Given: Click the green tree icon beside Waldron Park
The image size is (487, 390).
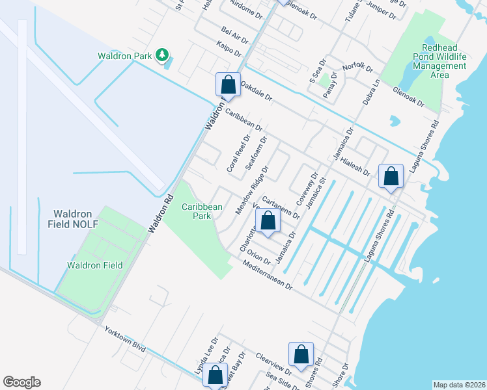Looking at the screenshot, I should [x=162, y=56].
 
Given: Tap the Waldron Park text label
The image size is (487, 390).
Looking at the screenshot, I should [x=125, y=57].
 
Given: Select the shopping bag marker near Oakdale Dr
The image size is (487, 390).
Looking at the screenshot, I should [x=228, y=84].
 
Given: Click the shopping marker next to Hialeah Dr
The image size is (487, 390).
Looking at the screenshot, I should [x=391, y=175].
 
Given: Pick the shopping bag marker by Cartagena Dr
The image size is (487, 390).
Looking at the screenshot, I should [x=268, y=221].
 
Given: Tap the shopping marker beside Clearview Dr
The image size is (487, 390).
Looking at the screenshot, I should [x=301, y=355].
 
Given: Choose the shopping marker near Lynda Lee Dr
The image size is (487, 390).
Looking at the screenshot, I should [x=215, y=375].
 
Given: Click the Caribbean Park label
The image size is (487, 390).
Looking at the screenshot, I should [x=202, y=211].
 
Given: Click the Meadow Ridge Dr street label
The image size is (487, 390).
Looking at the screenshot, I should [x=252, y=190].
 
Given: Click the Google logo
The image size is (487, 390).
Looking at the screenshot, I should [x=21, y=382].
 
